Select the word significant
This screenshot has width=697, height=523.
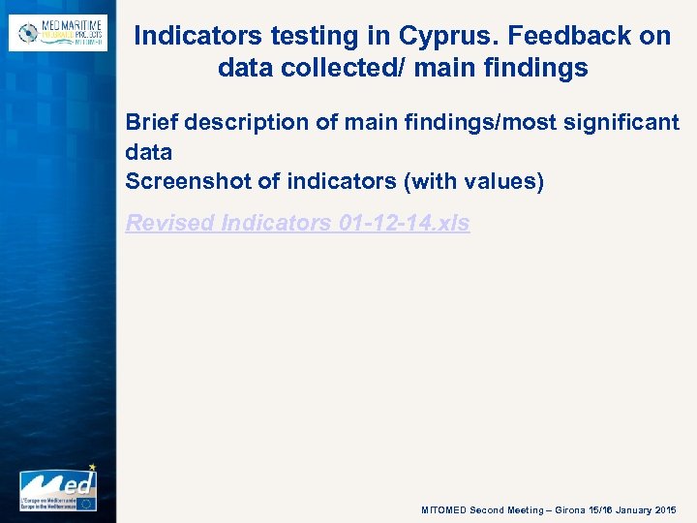click(619, 123)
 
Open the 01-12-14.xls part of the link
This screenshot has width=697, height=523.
click(405, 223)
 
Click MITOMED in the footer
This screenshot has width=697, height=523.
click(444, 509)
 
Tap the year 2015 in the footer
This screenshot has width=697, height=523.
click(667, 509)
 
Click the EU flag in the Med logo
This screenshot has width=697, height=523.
click(86, 503)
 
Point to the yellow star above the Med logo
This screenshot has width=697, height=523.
click(92, 467)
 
